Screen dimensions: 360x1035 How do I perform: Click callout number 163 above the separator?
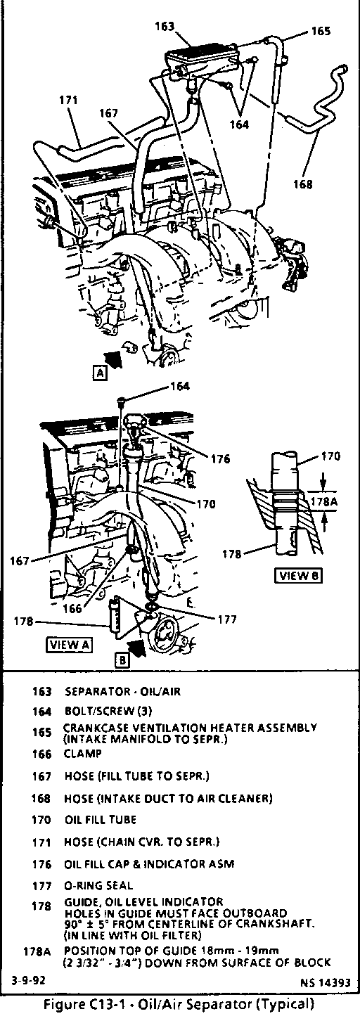pyautogui.click(x=164, y=26)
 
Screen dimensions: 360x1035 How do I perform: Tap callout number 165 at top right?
pyautogui.click(x=321, y=31)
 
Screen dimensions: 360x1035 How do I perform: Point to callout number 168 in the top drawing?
pyautogui.click(x=303, y=184)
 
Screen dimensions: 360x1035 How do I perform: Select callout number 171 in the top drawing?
pyautogui.click(x=68, y=101)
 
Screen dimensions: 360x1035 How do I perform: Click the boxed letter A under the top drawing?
pyautogui.click(x=100, y=373)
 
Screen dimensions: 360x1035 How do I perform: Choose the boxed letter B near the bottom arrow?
pyautogui.click(x=122, y=660)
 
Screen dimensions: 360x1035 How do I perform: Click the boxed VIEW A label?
pyautogui.click(x=69, y=645)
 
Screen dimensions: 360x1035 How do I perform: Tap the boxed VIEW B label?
pyautogui.click(x=299, y=576)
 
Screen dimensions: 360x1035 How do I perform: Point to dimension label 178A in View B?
pyautogui.click(x=323, y=501)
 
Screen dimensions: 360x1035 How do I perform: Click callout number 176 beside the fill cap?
pyautogui.click(x=221, y=459)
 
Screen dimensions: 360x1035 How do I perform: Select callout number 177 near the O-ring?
pyautogui.click(x=227, y=619)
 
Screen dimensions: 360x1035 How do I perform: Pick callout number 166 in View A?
pyautogui.click(x=72, y=608)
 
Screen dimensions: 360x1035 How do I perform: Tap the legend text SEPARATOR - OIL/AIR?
pyautogui.click(x=122, y=692)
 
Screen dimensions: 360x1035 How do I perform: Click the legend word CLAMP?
pyautogui.click(x=83, y=754)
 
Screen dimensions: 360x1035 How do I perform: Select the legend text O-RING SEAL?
pyautogui.click(x=98, y=886)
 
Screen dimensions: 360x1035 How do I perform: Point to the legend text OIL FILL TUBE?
pyautogui.click(x=101, y=820)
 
